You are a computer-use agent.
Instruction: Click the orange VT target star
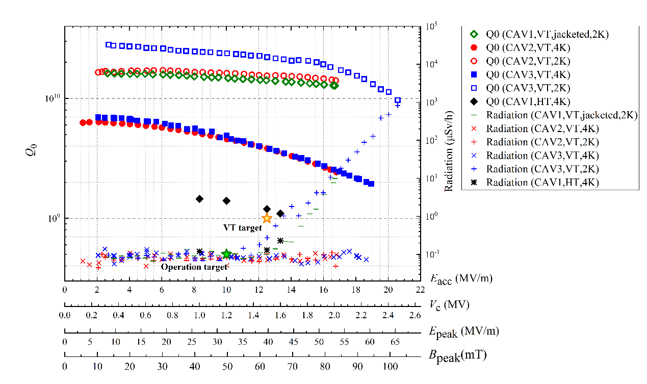click(267, 218)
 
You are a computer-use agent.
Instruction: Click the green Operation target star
click(227, 254)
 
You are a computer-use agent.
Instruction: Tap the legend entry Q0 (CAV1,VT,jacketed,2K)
click(547, 34)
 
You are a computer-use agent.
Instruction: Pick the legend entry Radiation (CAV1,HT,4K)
click(542, 182)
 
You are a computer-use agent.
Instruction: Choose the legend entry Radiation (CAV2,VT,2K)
click(542, 142)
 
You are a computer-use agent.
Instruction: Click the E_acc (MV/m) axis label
click(461, 278)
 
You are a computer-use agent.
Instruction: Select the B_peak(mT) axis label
click(458, 355)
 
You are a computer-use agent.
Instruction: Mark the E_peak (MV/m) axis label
click(463, 330)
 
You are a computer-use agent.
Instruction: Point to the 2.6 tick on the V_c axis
click(416, 315)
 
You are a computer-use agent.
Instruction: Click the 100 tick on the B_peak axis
click(390, 366)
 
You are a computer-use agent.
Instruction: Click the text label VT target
click(242, 228)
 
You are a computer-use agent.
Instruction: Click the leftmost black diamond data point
click(200, 199)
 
